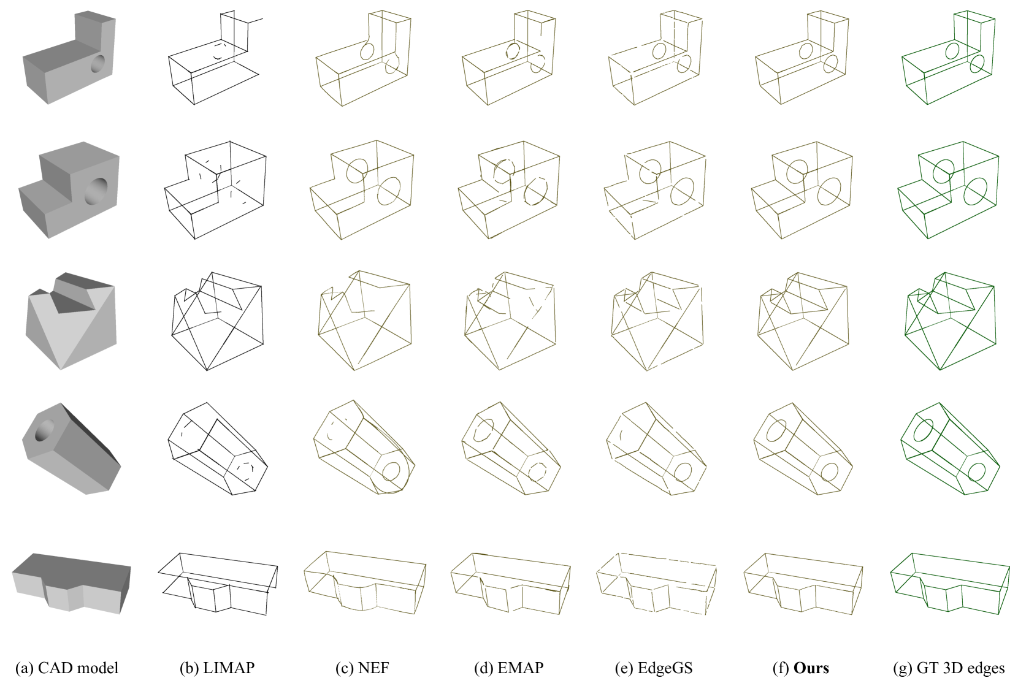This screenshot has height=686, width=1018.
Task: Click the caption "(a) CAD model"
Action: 67,668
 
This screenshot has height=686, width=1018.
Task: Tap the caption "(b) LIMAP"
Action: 216,668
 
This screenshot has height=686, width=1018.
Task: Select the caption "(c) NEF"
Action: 362,668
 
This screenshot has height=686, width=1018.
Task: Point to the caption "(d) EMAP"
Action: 508,668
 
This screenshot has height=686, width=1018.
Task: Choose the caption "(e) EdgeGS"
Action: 654,668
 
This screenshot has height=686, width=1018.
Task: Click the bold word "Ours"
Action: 811,668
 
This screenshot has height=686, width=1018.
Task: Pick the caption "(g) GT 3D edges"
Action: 949,668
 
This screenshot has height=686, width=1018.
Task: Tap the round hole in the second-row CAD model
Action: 96,191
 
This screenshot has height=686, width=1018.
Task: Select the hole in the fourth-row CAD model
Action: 44,430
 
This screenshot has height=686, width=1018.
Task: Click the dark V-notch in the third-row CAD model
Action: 73,300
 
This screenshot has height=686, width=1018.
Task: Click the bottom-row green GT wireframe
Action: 950,584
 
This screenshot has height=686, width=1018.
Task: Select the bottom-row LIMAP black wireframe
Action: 218,584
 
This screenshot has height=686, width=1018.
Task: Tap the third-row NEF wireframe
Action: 365,320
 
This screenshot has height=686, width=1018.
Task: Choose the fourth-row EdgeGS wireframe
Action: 656,449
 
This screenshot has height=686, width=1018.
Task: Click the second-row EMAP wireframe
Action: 509,190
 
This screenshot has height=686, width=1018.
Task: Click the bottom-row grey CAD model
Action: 71,584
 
